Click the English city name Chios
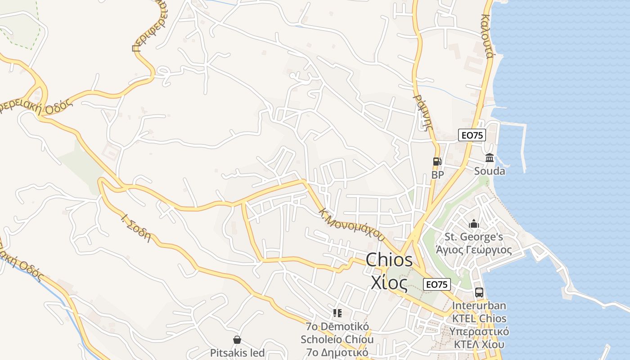coord(389,260)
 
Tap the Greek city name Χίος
coord(389,282)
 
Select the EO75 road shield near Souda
coord(472,135)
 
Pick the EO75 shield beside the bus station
coord(437,284)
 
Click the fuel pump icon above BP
coord(437,161)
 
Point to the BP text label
coord(437,175)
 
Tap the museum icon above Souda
coord(490,157)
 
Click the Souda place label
coord(490,171)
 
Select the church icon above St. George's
coord(474,224)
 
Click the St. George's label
coord(474,237)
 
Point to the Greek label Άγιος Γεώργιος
coord(474,250)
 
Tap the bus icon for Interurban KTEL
coord(479,292)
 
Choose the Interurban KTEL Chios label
coord(479,312)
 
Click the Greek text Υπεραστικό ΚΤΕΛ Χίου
coord(479,338)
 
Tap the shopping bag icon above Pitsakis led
coord(237,340)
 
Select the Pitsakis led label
coord(237,353)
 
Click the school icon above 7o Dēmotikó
coord(337,313)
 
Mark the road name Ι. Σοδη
coord(135,229)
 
